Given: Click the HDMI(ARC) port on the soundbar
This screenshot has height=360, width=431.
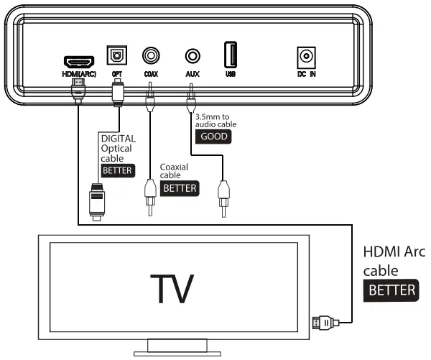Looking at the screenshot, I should [x=74, y=61].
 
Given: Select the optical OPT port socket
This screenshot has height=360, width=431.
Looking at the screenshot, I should [x=116, y=55].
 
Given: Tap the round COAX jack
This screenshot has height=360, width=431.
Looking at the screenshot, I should [x=151, y=55].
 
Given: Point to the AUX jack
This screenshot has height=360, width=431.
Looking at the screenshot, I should [x=192, y=55].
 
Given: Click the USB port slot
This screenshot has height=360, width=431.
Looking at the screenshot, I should [x=230, y=55].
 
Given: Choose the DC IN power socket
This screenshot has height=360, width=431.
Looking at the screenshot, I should [x=307, y=56].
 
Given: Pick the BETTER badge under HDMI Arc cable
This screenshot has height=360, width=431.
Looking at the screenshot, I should [x=391, y=290].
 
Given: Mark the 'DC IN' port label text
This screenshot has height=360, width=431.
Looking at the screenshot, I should [x=307, y=74].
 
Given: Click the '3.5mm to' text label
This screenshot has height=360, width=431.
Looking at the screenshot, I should [x=213, y=114].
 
